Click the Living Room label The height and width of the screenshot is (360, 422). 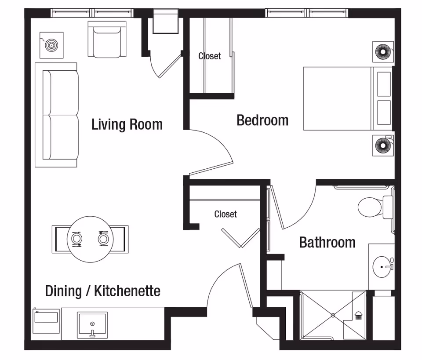point(127,124)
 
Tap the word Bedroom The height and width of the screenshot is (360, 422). point(262,120)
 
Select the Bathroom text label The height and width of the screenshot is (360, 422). point(327,242)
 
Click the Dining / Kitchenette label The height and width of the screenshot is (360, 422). point(102,291)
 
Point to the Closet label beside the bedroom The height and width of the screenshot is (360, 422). point(210,56)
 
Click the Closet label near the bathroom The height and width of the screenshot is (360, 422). point(226,214)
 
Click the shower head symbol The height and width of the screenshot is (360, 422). point(358,315)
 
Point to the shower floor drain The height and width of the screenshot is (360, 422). point(333,315)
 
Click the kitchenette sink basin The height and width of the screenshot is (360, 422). point(92,324)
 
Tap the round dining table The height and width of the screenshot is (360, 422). point(90,239)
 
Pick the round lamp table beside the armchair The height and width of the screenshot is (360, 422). point(51,45)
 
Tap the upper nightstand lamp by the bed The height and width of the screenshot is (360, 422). point(382,52)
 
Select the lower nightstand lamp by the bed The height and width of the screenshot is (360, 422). point(382,144)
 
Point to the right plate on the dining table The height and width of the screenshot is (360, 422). point(104,239)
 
